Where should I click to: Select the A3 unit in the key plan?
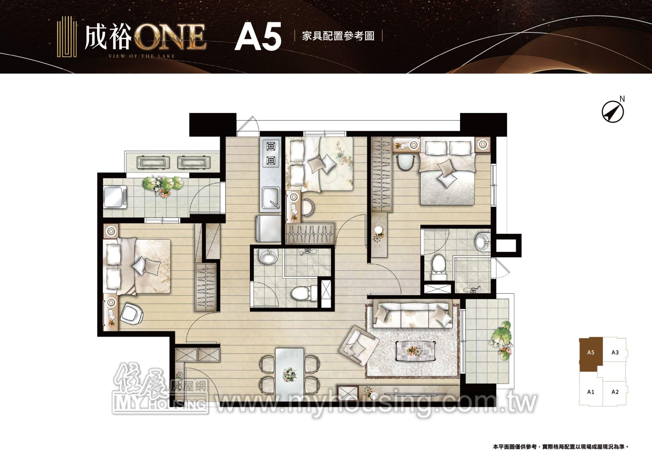coord(615,352)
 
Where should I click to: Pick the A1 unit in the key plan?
coord(591,392)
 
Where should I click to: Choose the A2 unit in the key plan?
coord(615,392)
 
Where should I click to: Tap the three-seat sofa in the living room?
coord(413,315)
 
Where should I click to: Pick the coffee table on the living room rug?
coord(415,351)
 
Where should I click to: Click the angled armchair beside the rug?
coord(360,346)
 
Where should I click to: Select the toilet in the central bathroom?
coord(304,293)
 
